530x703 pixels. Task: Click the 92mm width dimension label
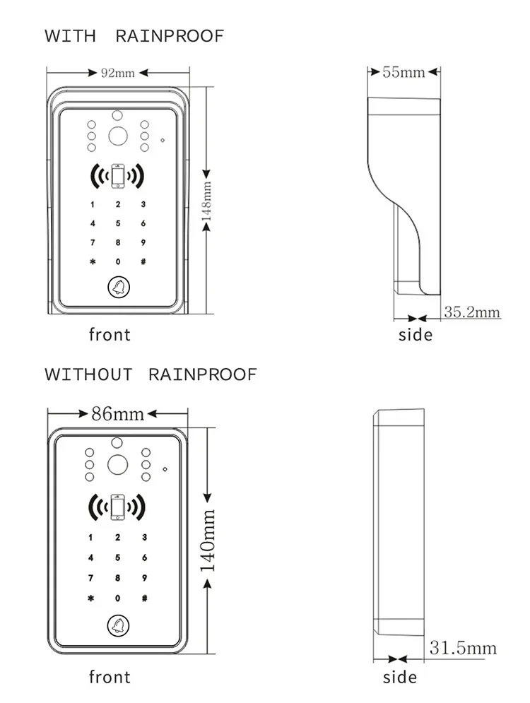pos(117,73)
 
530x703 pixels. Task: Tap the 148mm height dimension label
pos(206,201)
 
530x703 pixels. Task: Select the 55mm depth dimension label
pos(404,72)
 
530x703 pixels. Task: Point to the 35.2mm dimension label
pos(472,312)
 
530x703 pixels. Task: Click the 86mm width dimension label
pos(117,413)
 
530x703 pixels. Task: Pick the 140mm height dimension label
pos(208,540)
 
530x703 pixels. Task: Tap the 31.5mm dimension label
pos(463,648)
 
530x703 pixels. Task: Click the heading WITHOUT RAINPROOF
pos(151,374)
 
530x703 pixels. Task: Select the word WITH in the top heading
pos(71,36)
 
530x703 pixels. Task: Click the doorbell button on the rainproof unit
pos(119,288)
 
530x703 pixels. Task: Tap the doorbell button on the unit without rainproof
pos(119,625)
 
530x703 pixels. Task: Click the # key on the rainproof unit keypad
pos(143,261)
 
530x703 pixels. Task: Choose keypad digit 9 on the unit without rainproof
pos(144,578)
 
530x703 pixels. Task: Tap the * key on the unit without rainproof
pos(91,598)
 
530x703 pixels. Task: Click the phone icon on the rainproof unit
pos(118,176)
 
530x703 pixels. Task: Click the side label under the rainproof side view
pos(416,335)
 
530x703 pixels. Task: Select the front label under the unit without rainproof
pos(110,677)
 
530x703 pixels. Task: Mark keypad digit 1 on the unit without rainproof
pos(90,537)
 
